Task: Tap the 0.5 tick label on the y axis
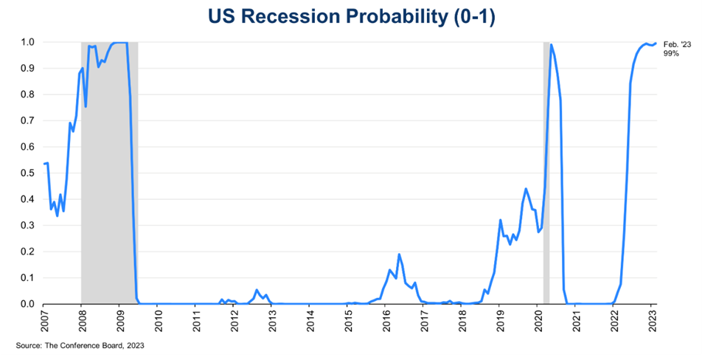[x=27, y=173]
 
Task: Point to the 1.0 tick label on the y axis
[x=27, y=42]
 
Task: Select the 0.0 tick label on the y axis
[x=27, y=304]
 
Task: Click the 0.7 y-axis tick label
[x=27, y=120]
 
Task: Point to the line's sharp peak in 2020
[x=551, y=44]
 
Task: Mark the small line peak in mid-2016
[x=399, y=255]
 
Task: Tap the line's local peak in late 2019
[x=526, y=189]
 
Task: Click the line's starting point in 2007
[x=44, y=164]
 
